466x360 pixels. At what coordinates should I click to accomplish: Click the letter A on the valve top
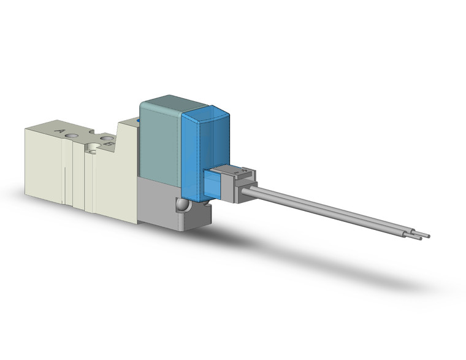[x=59, y=131]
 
